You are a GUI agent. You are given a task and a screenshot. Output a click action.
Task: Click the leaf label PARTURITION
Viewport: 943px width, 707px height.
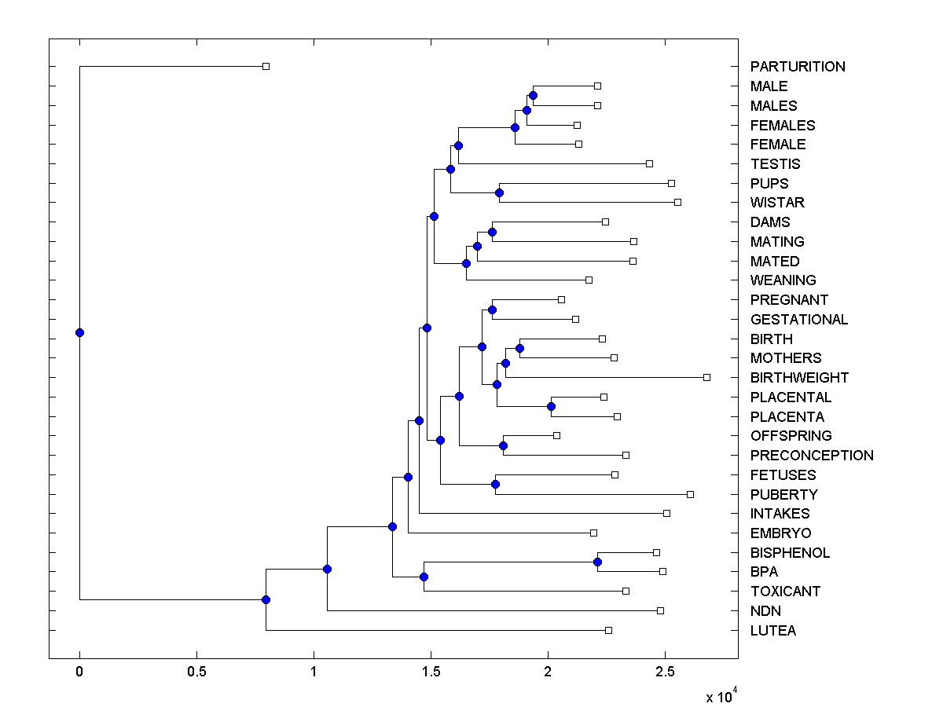point(798,67)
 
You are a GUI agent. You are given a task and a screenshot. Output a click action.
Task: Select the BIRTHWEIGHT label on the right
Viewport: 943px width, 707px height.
point(799,378)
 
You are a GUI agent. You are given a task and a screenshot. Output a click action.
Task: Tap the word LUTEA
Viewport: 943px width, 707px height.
point(772,631)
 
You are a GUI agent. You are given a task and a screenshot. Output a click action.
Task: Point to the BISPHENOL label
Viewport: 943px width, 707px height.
point(790,553)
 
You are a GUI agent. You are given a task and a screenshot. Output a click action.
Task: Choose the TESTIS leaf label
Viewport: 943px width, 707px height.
point(775,164)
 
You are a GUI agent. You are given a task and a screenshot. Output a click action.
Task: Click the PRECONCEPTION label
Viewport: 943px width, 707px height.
point(812,456)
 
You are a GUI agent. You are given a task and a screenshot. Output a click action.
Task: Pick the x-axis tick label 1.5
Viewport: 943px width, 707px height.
point(431,672)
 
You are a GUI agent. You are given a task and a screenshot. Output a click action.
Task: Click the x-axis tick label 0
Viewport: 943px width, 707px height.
point(79,672)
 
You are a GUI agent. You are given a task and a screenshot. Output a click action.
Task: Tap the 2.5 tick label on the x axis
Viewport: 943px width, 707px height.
point(665,672)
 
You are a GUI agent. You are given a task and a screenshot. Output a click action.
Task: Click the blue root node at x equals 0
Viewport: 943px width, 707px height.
point(79,332)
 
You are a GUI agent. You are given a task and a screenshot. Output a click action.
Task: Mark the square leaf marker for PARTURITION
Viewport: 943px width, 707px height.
point(266,67)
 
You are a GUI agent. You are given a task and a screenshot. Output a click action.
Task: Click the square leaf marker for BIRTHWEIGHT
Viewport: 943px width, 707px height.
point(706,378)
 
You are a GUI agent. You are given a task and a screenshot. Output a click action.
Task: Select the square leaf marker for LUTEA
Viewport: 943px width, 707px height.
point(608,630)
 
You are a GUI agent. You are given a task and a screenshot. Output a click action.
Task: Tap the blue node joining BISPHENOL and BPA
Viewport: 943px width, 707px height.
point(597,562)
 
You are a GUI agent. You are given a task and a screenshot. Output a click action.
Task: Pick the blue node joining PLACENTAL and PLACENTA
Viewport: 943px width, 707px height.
point(551,406)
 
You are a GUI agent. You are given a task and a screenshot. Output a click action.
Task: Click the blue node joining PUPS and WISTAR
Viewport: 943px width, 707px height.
point(499,192)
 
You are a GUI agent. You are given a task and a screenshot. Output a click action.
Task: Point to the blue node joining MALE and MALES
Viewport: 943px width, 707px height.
point(533,95)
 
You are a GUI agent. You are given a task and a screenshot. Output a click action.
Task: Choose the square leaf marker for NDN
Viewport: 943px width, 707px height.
point(660,610)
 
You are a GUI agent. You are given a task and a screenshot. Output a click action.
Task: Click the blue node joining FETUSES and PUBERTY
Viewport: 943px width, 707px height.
point(495,484)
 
